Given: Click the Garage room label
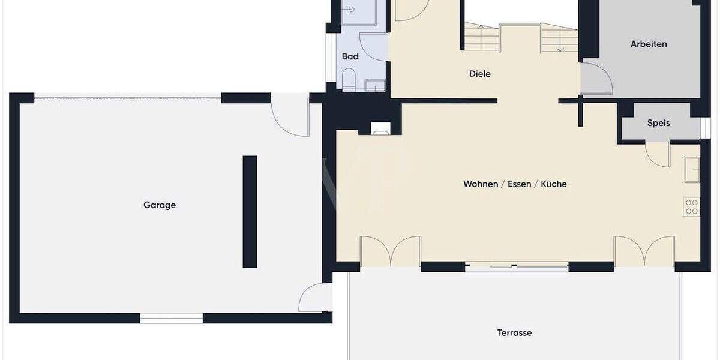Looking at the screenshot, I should tap(160, 205).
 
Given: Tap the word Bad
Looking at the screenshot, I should tap(350, 56).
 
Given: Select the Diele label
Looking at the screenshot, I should tap(480, 74).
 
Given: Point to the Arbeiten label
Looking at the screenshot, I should tap(649, 44).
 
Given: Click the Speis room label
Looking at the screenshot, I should tap(658, 123).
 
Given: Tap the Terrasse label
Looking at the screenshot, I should tap(514, 333).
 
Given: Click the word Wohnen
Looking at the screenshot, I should tap(480, 184).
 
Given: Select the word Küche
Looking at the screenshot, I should tap(554, 184).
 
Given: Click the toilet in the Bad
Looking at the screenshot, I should tap(348, 79).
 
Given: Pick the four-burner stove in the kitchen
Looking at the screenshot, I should tap(691, 207).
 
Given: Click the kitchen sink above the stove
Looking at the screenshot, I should tap(692, 169).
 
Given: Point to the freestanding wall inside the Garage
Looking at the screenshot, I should tap(250, 211).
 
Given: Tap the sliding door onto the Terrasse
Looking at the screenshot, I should tap(517, 266).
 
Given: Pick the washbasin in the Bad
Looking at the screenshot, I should tap(374, 86).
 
